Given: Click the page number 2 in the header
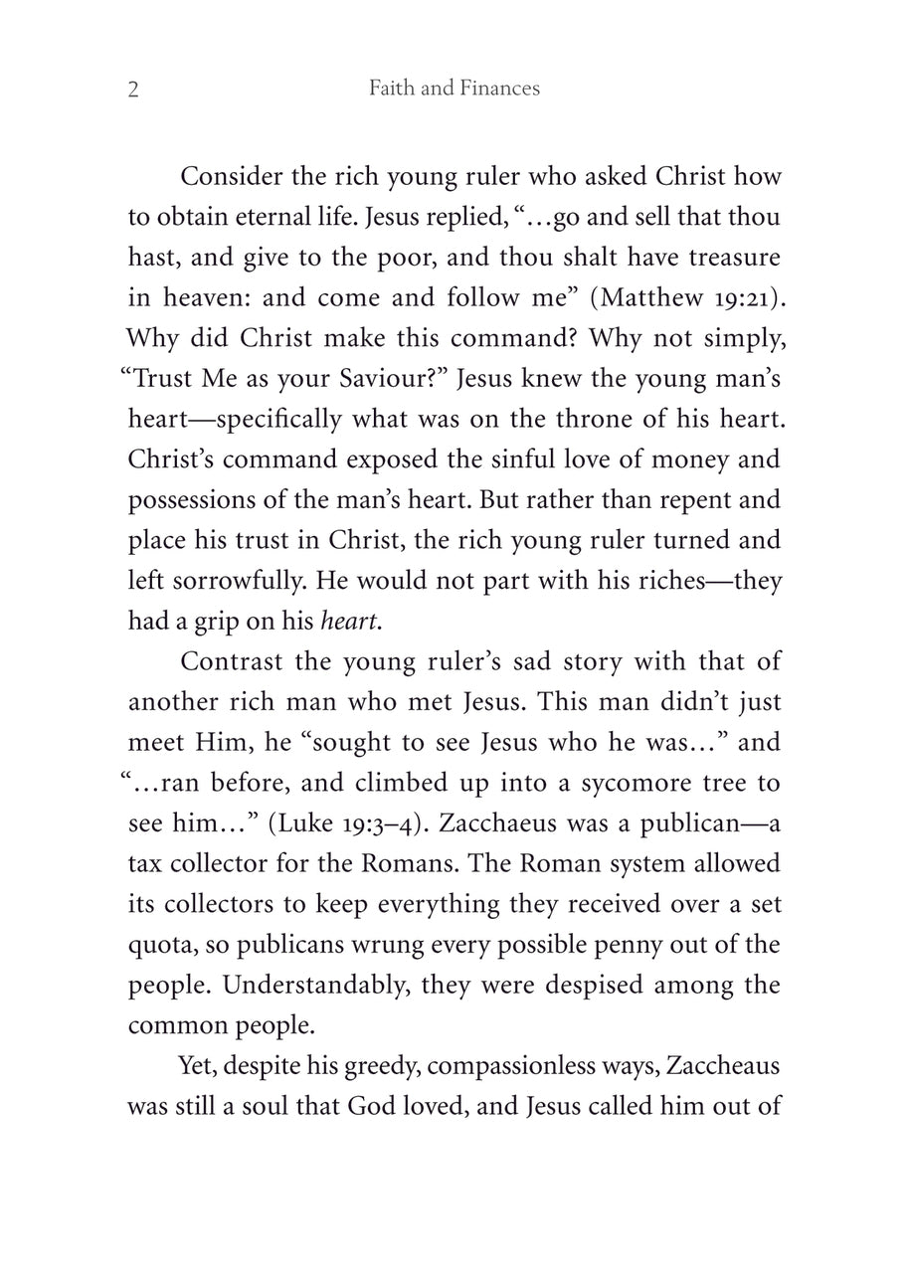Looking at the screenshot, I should [133, 91].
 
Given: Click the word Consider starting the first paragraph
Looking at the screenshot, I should [230, 177].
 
